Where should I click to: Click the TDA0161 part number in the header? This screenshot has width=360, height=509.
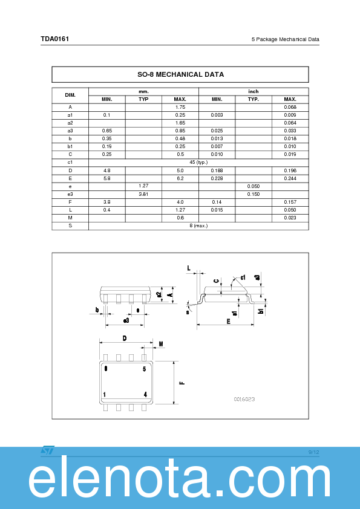click(x=54, y=39)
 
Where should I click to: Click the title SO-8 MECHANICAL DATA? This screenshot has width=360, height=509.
click(x=180, y=74)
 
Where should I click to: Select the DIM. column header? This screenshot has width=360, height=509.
click(x=70, y=95)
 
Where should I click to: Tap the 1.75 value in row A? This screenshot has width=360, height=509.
click(x=180, y=107)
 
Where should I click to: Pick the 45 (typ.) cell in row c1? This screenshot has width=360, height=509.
click(x=198, y=162)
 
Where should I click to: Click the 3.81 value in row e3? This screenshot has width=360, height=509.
click(x=143, y=193)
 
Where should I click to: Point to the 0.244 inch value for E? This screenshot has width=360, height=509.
click(x=290, y=178)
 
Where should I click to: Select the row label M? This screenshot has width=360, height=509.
click(x=70, y=217)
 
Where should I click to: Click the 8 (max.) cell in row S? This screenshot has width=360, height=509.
click(x=198, y=225)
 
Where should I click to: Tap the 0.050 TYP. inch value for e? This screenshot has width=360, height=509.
click(x=253, y=186)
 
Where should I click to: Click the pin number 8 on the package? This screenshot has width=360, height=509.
click(x=106, y=368)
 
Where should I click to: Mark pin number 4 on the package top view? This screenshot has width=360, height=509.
click(x=145, y=394)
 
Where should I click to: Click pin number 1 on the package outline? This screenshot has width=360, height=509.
click(x=105, y=394)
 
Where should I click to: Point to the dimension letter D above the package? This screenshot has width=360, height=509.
click(x=125, y=339)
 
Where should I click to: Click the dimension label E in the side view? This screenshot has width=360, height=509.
click(x=228, y=322)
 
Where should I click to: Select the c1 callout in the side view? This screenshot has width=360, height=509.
click(x=242, y=277)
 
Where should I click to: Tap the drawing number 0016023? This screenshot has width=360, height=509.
click(x=244, y=400)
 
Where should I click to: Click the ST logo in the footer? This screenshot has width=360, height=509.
click(x=47, y=450)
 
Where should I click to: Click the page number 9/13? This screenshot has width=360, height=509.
click(x=313, y=452)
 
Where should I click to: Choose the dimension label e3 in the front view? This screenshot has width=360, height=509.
click(x=126, y=320)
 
